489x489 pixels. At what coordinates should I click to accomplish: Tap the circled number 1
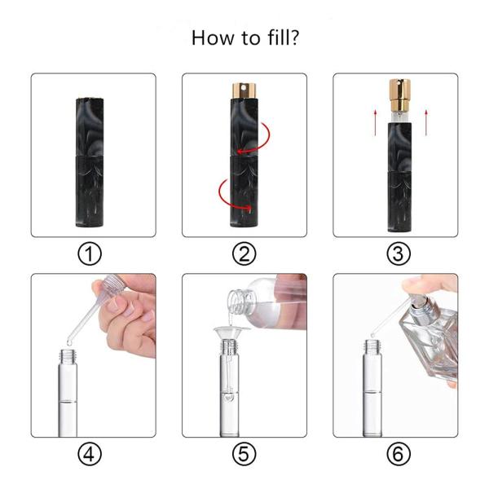[x=93, y=253]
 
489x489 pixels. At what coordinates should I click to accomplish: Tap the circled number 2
[x=244, y=253]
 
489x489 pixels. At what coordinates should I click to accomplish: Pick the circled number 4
[x=93, y=453]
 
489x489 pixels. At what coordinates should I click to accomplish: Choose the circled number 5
[x=244, y=453]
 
